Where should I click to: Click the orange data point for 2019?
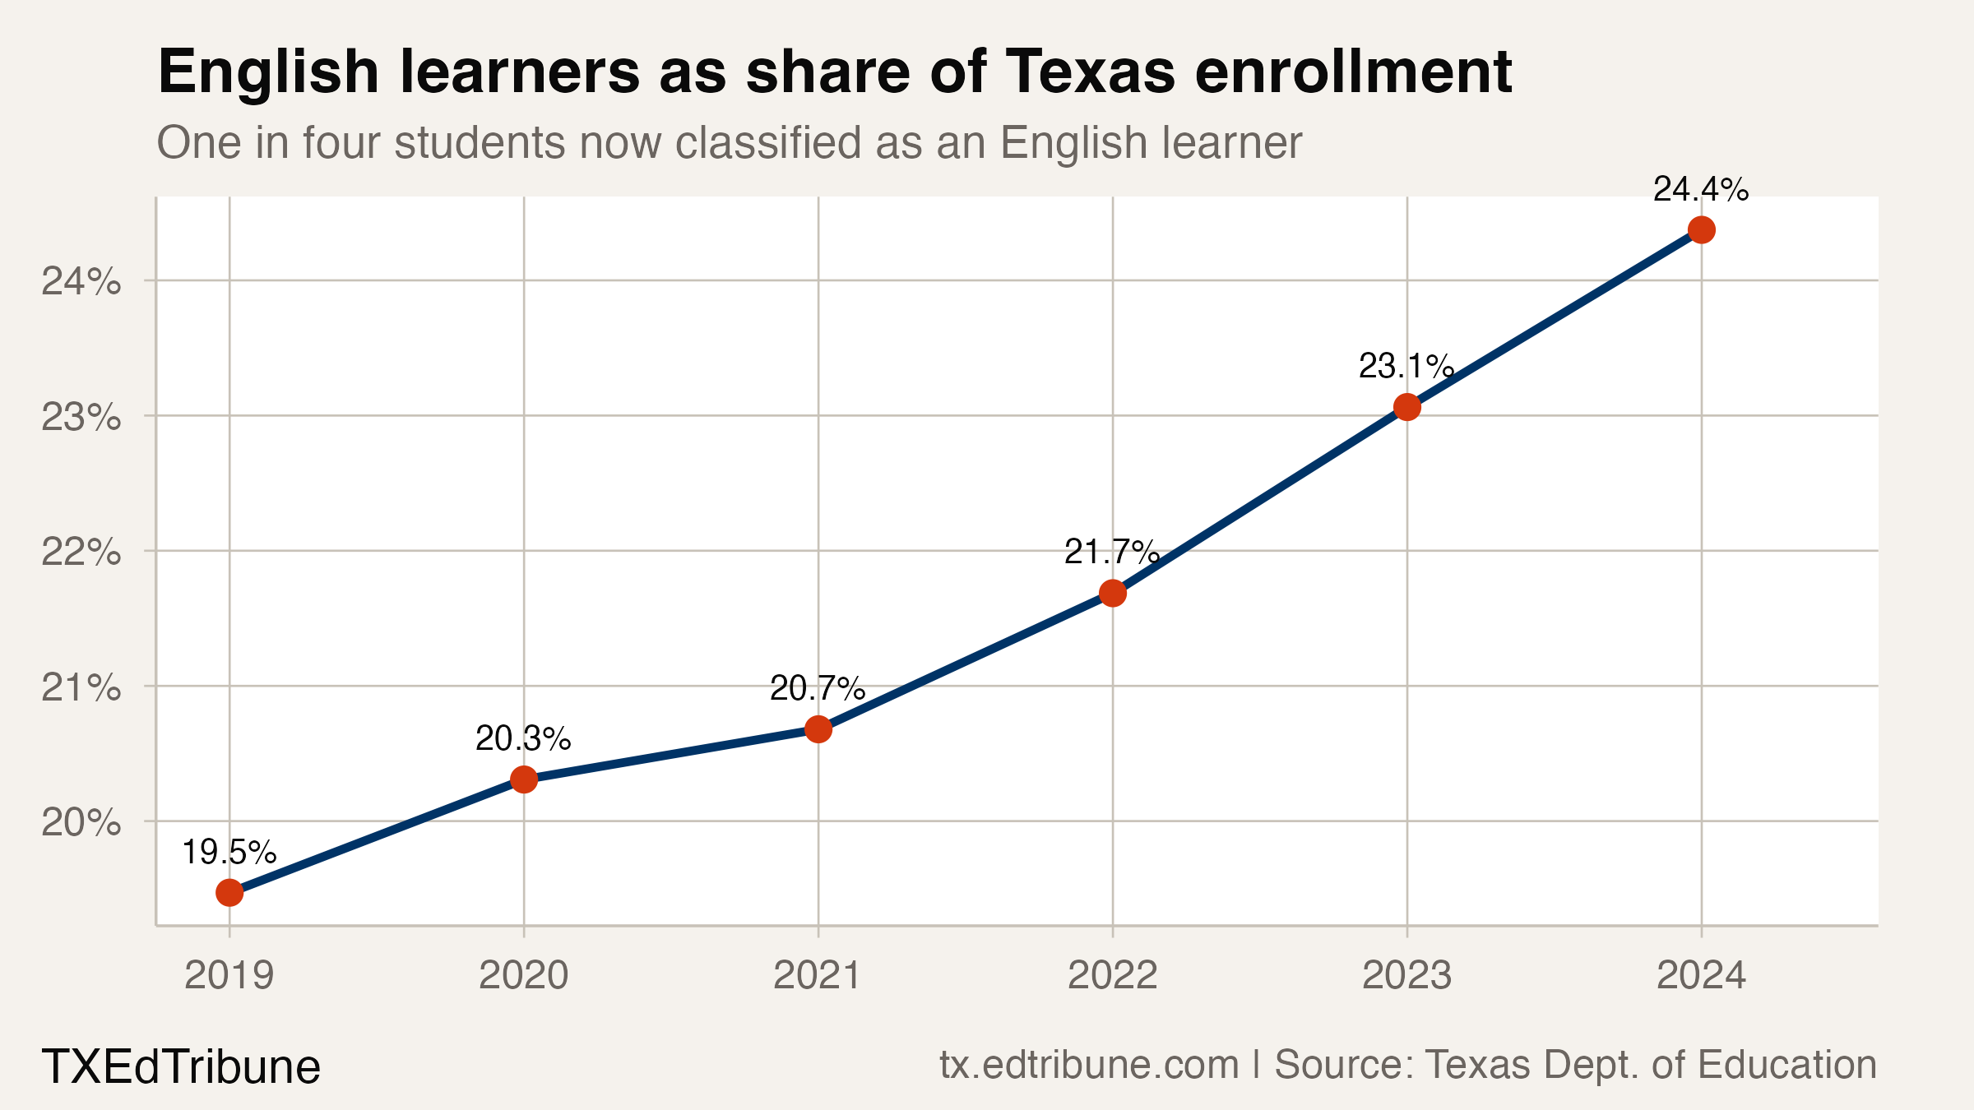(229, 893)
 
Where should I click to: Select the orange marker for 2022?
(1113, 593)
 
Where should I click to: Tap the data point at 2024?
(1701, 230)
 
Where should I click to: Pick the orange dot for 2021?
(818, 729)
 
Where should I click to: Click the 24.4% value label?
(1700, 190)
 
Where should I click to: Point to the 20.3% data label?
(523, 739)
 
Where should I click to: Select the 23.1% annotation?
(1406, 367)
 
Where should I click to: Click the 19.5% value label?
(229, 853)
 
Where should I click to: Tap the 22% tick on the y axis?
(81, 552)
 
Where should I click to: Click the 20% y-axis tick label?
(81, 821)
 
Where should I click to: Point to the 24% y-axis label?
(81, 282)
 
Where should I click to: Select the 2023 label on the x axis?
(1406, 976)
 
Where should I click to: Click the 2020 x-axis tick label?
(523, 976)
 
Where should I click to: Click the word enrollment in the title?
(1353, 72)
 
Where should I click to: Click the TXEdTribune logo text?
(181, 1066)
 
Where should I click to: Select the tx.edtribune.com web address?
(1089, 1065)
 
